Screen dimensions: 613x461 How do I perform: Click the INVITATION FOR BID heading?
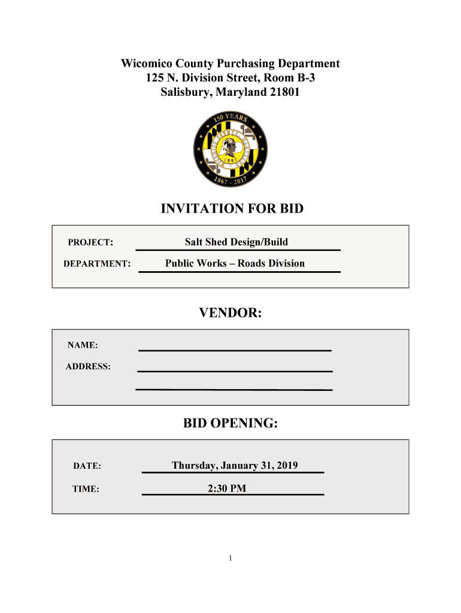pyautogui.click(x=232, y=209)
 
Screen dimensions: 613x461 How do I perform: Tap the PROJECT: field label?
pyautogui.click(x=90, y=242)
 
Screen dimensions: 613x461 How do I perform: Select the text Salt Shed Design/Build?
pyautogui.click(x=236, y=242)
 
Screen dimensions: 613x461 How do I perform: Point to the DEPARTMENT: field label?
pyautogui.click(x=97, y=263)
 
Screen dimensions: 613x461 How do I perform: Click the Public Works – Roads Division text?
pyautogui.click(x=235, y=263)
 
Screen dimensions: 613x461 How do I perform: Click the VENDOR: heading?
pyautogui.click(x=230, y=313)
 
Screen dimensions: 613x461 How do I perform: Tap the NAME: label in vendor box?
pyautogui.click(x=83, y=345)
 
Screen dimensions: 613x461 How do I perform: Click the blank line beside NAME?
pyautogui.click(x=235, y=349)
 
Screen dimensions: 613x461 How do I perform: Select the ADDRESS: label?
pyautogui.click(x=88, y=366)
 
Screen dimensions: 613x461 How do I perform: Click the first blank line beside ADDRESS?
pyautogui.click(x=235, y=371)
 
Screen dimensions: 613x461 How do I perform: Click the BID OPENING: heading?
pyautogui.click(x=230, y=424)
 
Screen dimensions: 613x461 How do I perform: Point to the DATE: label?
pyautogui.click(x=87, y=466)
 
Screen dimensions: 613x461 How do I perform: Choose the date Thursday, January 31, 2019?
pyautogui.click(x=235, y=465)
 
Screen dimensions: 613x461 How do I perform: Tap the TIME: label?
pyautogui.click(x=86, y=489)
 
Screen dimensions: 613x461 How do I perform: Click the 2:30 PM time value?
pyautogui.click(x=227, y=488)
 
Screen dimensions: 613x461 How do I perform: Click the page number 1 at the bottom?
pyautogui.click(x=230, y=559)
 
